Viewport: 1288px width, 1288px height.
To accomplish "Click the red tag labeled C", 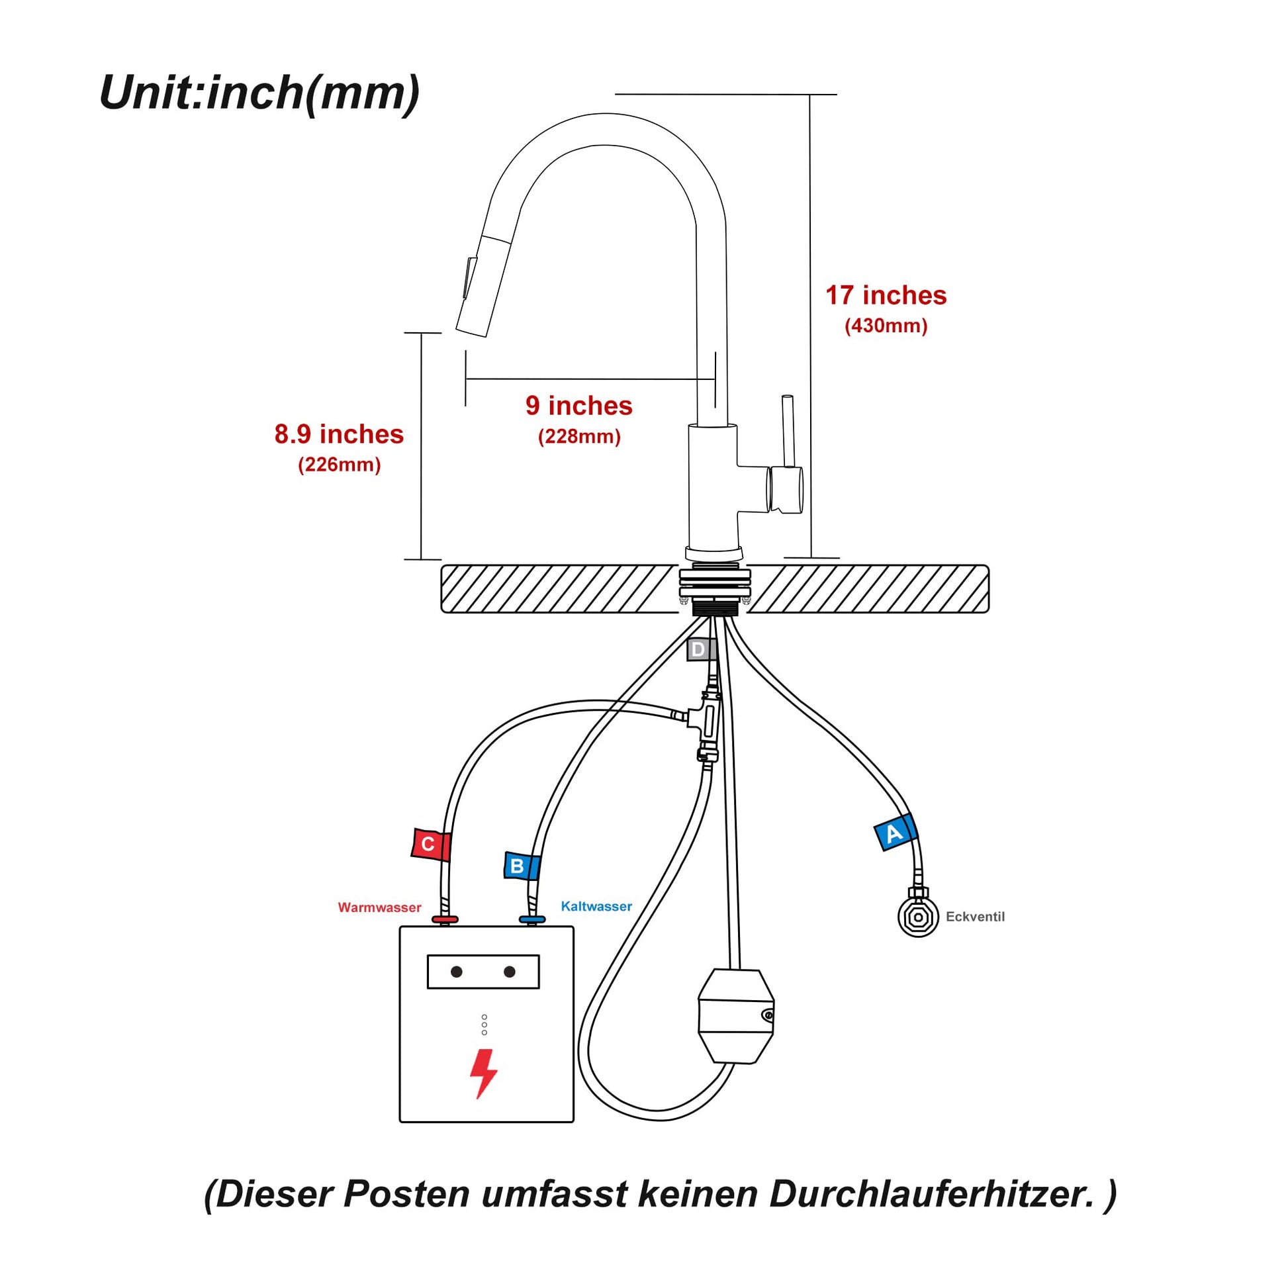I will (430, 844).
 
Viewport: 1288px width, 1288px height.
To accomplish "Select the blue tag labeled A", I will (895, 833).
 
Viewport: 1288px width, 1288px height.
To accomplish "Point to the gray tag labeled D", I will (699, 649).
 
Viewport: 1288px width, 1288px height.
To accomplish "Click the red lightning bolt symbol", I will (483, 1073).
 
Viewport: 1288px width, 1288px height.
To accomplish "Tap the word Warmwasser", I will (379, 907).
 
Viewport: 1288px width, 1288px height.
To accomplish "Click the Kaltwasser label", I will (596, 906).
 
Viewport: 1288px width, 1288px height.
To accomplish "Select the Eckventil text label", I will (975, 917).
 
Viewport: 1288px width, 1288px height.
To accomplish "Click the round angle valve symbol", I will (918, 917).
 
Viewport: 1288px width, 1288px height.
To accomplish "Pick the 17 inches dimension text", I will (886, 295).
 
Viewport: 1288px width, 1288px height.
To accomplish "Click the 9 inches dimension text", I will (578, 405).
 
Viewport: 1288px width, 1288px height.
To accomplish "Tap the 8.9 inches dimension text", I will (339, 434).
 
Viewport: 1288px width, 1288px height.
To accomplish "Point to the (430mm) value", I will (886, 326).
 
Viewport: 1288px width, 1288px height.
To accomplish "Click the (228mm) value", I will (578, 437).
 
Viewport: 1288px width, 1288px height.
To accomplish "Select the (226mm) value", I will (339, 465).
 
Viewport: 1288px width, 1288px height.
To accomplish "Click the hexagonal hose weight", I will (735, 1016).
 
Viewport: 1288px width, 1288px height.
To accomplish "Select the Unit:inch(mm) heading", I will (259, 93).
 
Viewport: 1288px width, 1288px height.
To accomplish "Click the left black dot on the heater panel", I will (457, 972).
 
